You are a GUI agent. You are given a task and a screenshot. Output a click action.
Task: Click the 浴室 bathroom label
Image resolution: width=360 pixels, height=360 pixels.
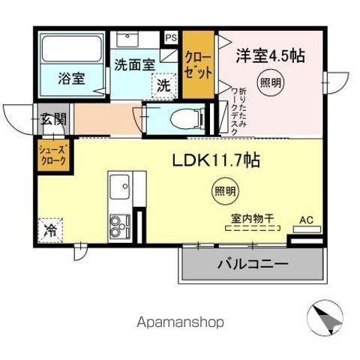click(x=72, y=77)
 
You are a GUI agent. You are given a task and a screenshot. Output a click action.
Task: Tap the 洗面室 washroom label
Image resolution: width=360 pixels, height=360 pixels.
click(x=134, y=65)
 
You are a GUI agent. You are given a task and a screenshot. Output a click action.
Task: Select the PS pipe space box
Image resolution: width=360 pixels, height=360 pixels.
click(x=172, y=35)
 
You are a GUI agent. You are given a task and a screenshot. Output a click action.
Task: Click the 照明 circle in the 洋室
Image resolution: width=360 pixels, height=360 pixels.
click(x=271, y=83)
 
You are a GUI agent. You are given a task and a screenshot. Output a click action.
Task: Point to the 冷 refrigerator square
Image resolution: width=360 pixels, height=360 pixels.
click(x=51, y=228)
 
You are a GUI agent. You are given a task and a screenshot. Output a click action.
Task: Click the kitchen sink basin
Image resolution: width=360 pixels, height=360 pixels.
click(x=120, y=186)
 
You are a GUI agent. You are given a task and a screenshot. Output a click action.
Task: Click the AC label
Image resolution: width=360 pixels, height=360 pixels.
click(x=305, y=220)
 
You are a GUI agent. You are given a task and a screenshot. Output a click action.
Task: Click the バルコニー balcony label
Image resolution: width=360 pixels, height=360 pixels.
click(x=253, y=264)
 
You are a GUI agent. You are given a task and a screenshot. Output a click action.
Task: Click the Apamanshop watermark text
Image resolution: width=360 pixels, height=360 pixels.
click(x=179, y=322)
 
